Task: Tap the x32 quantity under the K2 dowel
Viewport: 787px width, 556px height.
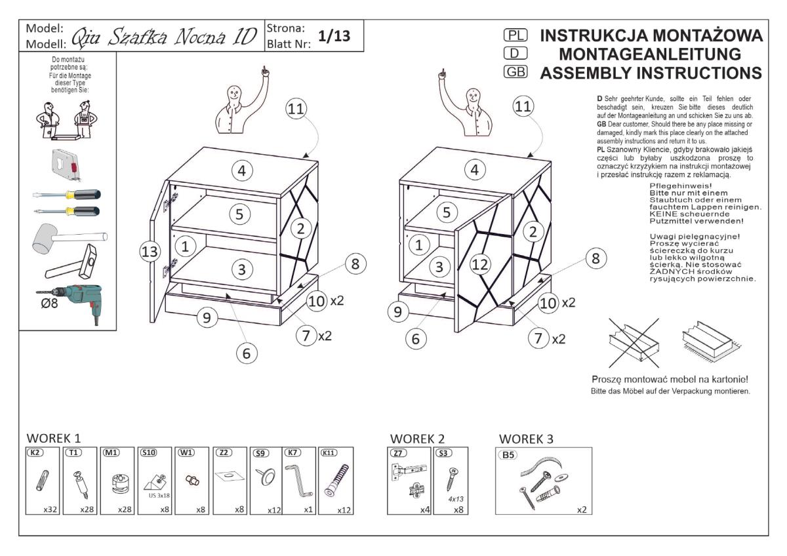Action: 49,509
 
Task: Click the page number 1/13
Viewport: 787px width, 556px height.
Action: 333,37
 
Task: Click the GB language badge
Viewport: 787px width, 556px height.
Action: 515,72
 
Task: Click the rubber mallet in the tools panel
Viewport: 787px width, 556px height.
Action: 66,239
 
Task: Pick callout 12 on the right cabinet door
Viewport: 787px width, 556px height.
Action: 480,264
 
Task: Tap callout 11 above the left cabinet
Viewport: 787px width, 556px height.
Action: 295,110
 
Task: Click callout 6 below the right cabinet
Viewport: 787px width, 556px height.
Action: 415,338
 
